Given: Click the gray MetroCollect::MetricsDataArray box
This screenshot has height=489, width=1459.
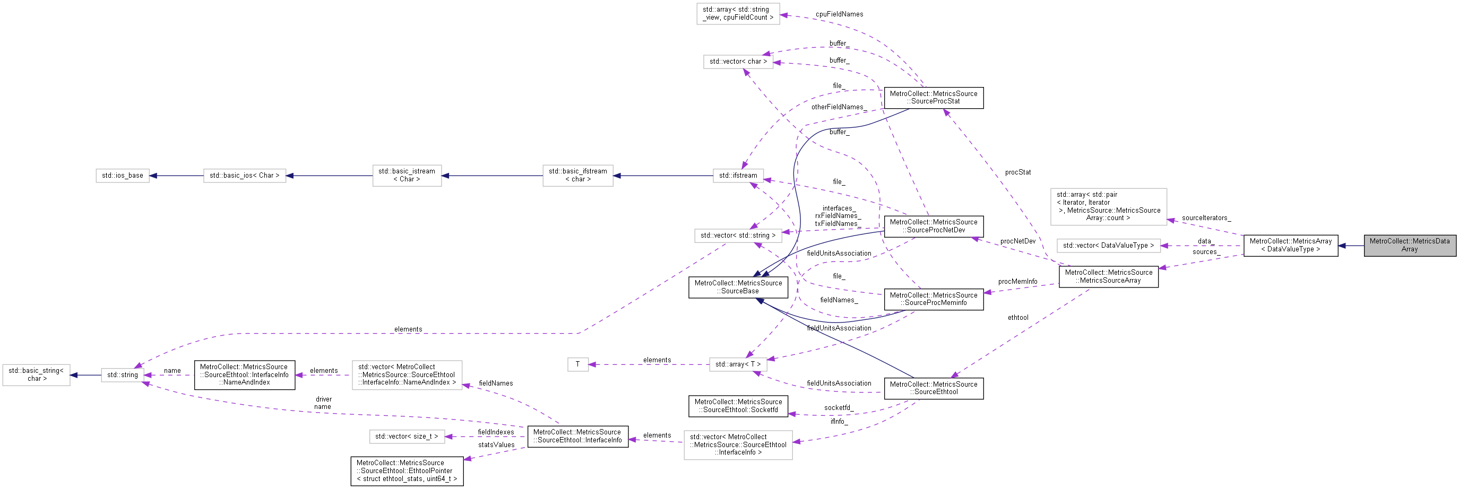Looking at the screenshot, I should pos(1409,245).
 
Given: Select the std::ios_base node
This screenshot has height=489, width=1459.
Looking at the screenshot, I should pos(123,176).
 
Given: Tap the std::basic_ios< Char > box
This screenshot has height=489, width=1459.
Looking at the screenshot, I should pos(244,176).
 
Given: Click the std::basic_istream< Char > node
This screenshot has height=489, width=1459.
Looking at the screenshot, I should pos(407,176).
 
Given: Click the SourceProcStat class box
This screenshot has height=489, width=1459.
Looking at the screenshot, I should pos(933,98).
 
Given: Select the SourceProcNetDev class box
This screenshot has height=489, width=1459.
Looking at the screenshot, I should pos(933,226).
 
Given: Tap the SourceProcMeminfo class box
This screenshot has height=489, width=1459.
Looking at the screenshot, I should pos(933,299).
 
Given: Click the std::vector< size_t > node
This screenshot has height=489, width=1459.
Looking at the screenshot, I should pos(406,436).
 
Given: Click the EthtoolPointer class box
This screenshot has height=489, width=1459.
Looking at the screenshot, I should pos(406,471).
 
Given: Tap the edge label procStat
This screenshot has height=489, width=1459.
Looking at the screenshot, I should pos(1017,172).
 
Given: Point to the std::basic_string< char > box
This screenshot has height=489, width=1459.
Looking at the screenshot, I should pos(36,374).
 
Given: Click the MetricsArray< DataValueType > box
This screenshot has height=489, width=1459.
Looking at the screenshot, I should pos(1290,245).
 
